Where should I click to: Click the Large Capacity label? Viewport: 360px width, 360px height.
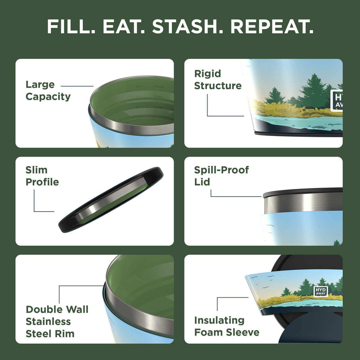pos(48,90)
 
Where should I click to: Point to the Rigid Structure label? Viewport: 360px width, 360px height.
pos(218,80)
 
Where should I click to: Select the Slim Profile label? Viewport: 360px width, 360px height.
pos(42,176)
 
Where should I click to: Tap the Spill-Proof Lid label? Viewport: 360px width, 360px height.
pos(221,176)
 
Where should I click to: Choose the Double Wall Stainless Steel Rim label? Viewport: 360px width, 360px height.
pos(57,321)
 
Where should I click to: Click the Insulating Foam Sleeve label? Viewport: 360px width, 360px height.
pos(226,326)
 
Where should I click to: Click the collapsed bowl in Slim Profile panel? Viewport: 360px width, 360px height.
pos(110,199)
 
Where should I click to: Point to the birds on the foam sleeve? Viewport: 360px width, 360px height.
pos(258,279)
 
